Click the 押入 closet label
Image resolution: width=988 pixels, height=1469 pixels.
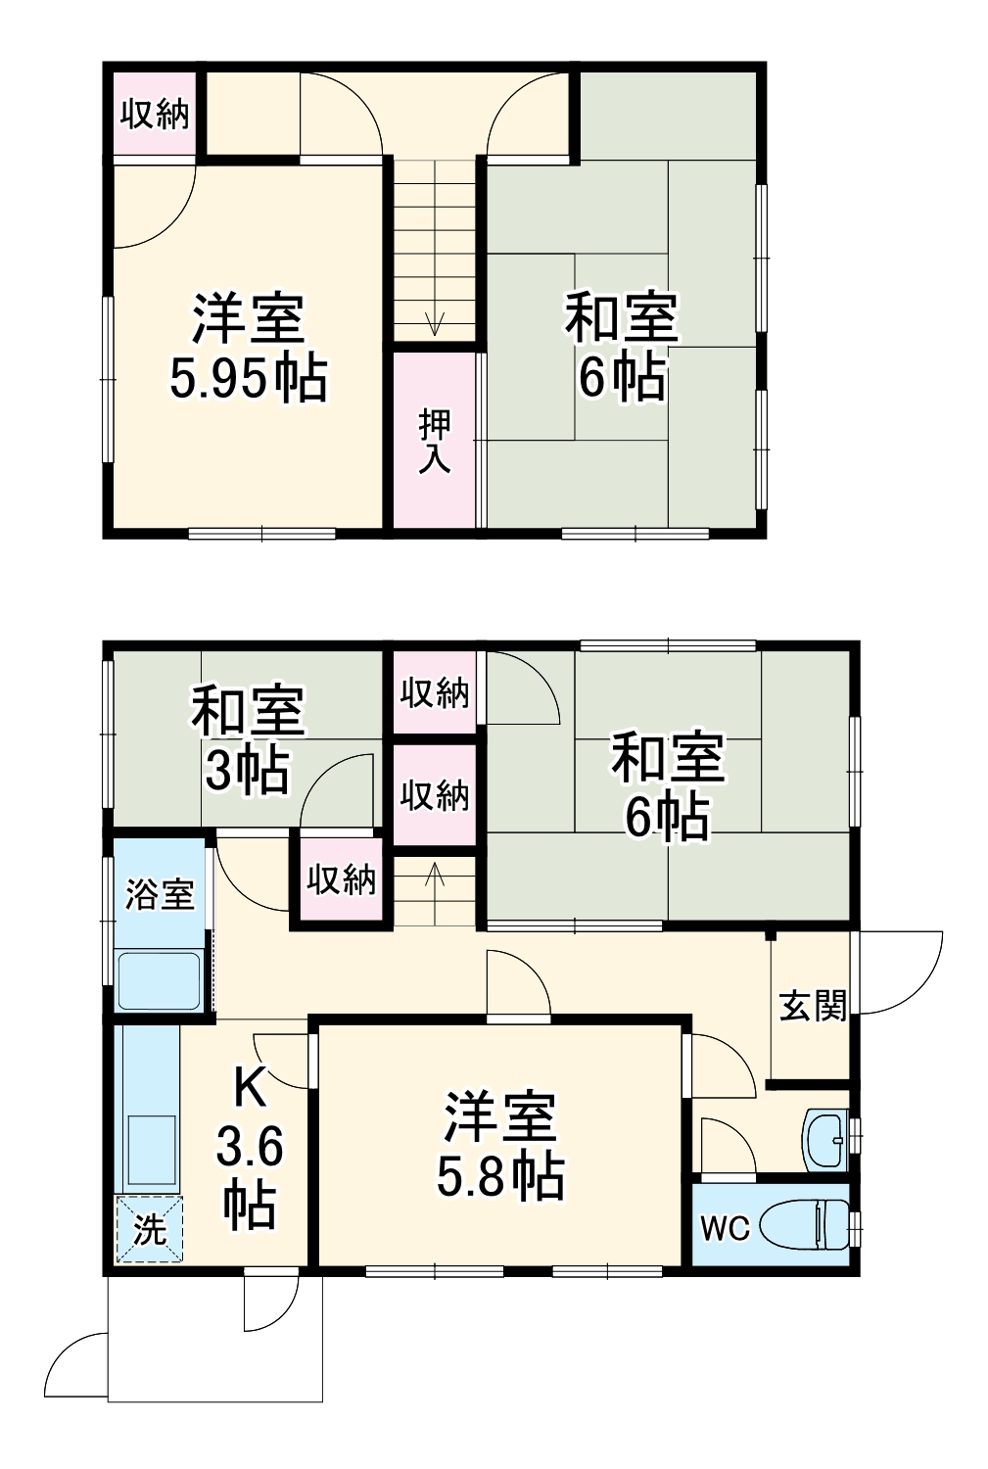coord(435,442)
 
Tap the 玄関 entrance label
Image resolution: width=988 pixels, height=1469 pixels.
coord(813,1006)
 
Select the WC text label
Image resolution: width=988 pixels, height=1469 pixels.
coord(725,1227)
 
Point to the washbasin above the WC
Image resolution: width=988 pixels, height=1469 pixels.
coord(824,1140)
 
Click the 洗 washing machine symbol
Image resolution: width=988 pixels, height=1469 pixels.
coord(149,1229)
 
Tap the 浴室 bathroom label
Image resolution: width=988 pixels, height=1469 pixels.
coord(160,894)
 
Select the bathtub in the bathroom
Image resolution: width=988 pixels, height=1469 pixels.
coord(160,979)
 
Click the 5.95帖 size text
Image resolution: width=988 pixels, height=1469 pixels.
coord(248,378)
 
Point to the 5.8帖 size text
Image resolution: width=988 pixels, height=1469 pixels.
coord(499,1175)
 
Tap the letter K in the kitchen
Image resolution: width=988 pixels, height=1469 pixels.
coord(249,1087)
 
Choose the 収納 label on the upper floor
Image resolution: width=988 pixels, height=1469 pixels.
coord(155,115)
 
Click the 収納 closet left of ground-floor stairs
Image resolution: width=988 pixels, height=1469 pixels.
coord(341,879)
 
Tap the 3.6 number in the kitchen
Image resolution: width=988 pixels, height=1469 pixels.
coord(250,1146)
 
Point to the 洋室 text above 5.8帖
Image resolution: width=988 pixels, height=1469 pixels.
coord(499,1116)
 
